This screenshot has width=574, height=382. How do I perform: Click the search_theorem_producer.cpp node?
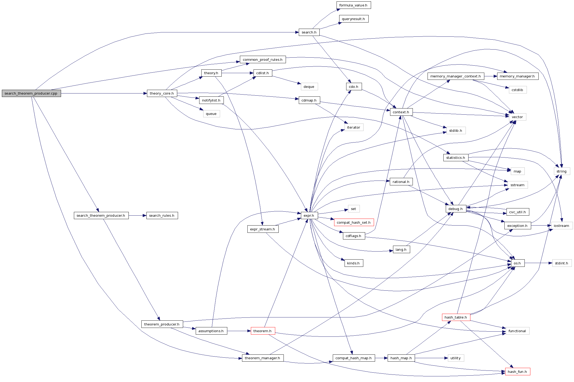tap(31, 93)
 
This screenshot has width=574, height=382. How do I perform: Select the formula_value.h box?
tap(353, 5)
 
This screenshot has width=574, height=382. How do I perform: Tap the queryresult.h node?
tap(353, 19)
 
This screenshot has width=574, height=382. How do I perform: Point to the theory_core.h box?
tap(162, 93)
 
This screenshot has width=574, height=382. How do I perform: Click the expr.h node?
tap(309, 216)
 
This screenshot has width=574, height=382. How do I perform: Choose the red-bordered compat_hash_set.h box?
tap(354, 223)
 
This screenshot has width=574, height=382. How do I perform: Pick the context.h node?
tap(401, 112)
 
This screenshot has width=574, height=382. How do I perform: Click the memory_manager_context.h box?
tap(455, 76)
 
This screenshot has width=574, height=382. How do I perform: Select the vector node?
tap(517, 117)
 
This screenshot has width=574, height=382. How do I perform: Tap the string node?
tap(562, 171)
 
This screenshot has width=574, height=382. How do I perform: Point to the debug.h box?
tap(455, 209)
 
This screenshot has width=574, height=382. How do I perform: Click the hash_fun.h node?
tap(517, 372)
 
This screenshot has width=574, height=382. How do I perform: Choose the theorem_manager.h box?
tap(262, 358)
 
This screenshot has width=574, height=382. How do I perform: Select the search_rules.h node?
tap(162, 216)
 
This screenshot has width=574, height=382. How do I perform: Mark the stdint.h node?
tap(562, 263)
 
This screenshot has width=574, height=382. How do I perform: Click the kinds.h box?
tap(353, 263)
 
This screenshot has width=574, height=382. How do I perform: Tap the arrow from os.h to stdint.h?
tap(538, 263)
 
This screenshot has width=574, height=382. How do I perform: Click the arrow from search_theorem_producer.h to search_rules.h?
tap(137, 216)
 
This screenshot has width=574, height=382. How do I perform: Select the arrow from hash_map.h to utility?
tap(431, 358)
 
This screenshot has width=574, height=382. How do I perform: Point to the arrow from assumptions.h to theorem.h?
tap(239, 331)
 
